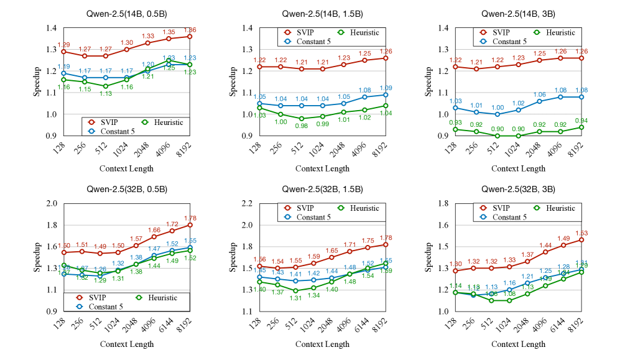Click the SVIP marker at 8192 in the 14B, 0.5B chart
point(190,37)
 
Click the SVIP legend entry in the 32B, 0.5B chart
point(105,298)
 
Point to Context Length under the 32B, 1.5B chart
point(322,344)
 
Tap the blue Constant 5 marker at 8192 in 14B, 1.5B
point(385,95)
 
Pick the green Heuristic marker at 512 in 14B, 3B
point(497,136)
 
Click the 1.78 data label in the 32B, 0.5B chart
point(190,218)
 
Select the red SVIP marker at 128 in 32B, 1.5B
point(259,266)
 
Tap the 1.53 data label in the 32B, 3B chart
point(580,233)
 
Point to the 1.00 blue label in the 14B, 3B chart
point(497,108)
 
